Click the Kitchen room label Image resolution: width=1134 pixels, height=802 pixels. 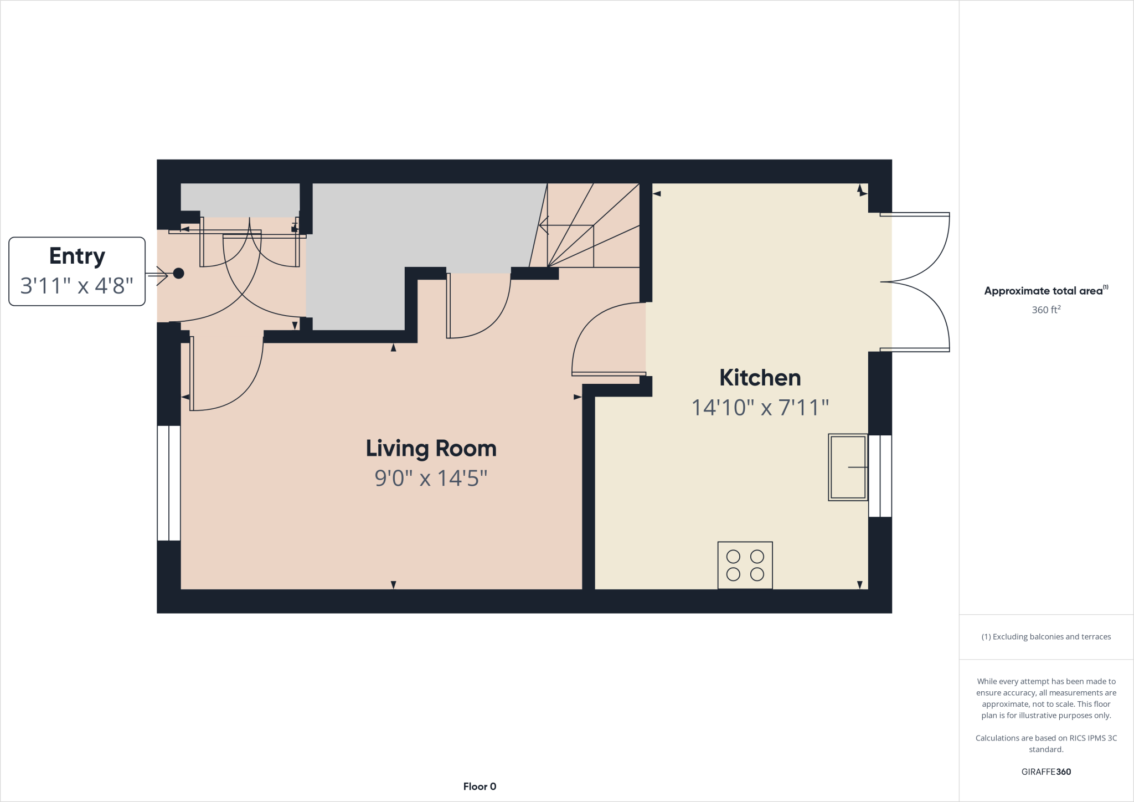tap(760, 378)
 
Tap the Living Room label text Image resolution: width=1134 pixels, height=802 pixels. tap(431, 448)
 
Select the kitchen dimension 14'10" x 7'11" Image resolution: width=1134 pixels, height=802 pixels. tap(760, 408)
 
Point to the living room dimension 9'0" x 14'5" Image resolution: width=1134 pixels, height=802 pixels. tap(431, 478)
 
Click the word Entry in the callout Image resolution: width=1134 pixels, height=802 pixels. tap(77, 256)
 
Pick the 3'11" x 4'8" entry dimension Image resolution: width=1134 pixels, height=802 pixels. tap(77, 286)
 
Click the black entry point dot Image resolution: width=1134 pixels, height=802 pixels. tap(178, 273)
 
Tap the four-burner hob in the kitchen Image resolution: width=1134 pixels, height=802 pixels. tap(745, 565)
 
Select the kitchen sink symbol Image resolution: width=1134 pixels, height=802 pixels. tap(847, 467)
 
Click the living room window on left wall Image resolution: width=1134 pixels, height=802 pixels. tap(168, 483)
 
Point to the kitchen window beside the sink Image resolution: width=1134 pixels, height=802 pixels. tap(880, 476)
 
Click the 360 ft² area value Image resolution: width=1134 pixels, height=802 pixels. tap(1045, 310)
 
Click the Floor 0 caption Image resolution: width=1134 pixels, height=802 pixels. tap(480, 786)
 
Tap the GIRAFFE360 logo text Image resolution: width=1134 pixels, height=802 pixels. tap(1045, 772)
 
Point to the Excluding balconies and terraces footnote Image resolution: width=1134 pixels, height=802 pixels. tap(1045, 637)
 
